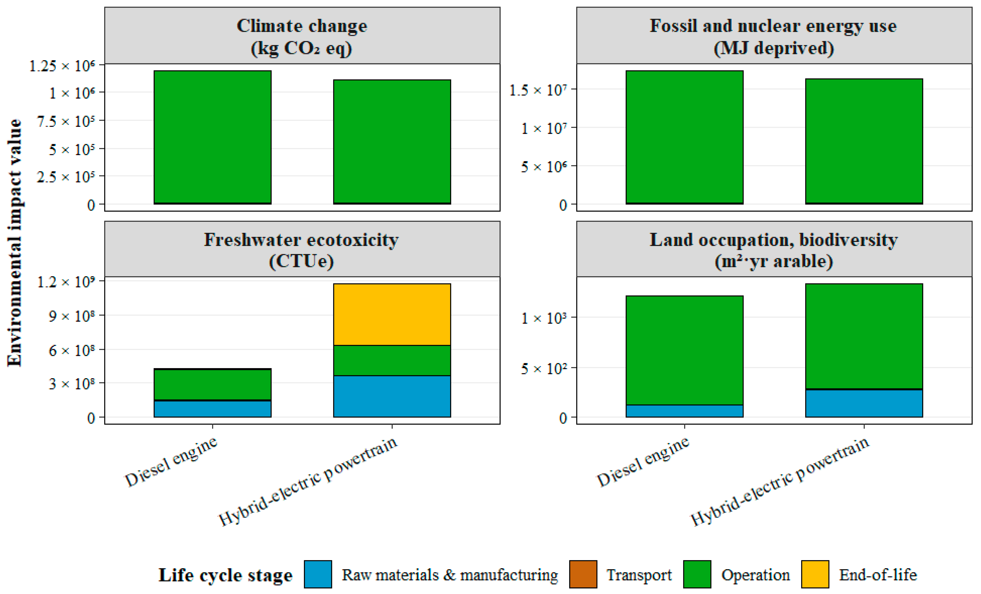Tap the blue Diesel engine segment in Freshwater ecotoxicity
point(213,409)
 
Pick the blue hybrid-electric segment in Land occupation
point(864,403)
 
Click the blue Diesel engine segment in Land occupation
point(684,411)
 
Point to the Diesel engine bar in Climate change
point(213,137)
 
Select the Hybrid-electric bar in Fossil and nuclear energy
point(864,141)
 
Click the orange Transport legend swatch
point(583,574)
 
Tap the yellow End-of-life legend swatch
point(815,574)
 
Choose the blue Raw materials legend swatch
point(318,574)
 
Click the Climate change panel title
point(302,37)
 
